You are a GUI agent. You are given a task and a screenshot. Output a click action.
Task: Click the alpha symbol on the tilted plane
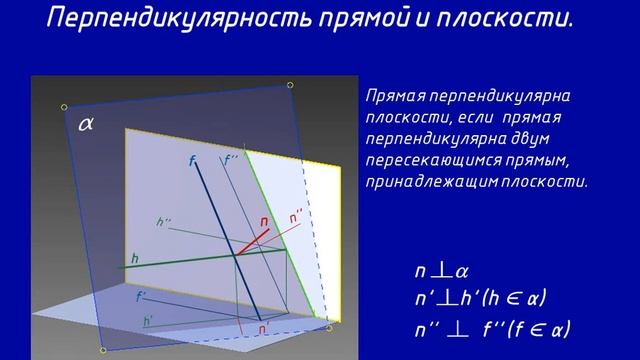pyautogui.click(x=85, y=124)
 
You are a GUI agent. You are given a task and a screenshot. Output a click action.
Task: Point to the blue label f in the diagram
pyautogui.click(x=192, y=160)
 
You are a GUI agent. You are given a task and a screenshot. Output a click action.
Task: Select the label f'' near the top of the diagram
pyautogui.click(x=231, y=159)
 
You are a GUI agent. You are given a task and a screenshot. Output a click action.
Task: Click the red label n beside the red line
pyautogui.click(x=264, y=221)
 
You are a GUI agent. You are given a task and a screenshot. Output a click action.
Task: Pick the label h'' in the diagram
pyautogui.click(x=164, y=221)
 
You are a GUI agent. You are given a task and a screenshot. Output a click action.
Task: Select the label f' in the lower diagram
pyautogui.click(x=141, y=296)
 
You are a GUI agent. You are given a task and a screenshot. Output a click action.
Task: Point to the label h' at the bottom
pyautogui.click(x=148, y=321)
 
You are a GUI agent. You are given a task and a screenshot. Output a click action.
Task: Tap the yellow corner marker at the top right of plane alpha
pyautogui.click(x=290, y=85)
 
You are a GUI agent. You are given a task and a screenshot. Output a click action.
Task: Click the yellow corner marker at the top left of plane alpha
pyautogui.click(x=64, y=105)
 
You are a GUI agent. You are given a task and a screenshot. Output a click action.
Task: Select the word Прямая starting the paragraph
pyautogui.click(x=396, y=97)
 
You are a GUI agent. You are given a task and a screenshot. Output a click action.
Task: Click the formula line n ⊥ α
pyautogui.click(x=442, y=271)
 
